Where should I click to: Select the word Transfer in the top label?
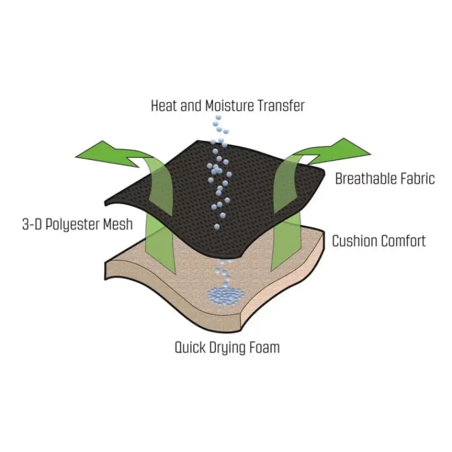(x=281, y=106)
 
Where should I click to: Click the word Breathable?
(x=362, y=179)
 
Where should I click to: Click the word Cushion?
(x=354, y=241)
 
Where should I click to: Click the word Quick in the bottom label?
(x=190, y=347)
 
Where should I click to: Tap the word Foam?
(x=264, y=347)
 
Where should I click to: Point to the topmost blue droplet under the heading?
(x=218, y=118)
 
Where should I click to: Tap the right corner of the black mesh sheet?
(x=324, y=172)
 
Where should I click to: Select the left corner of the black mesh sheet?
(x=105, y=202)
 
